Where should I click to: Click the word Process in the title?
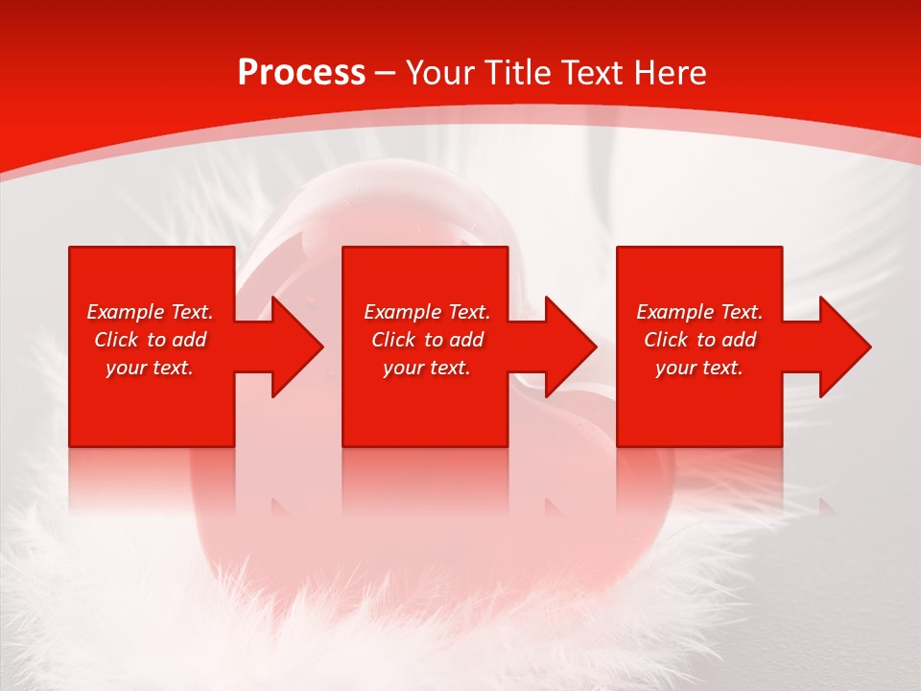coord(301,73)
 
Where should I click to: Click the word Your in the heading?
coord(440,73)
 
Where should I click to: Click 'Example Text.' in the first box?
coord(151,312)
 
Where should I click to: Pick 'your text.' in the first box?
coord(151,368)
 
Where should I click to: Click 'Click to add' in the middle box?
coord(427,340)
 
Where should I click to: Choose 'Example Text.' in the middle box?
coord(427,312)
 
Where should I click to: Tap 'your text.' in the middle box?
coord(427,368)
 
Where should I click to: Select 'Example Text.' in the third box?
coord(699,312)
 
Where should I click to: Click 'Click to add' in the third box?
coord(699,340)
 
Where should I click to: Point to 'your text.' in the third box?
coord(699,368)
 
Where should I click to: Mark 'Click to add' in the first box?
coord(151,340)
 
